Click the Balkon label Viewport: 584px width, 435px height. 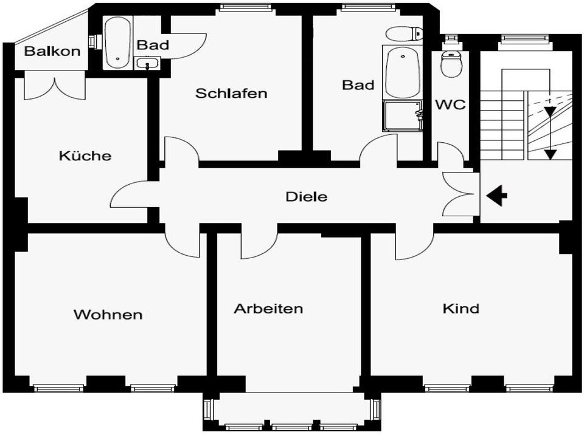coord(52,51)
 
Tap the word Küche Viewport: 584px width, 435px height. coord(85,155)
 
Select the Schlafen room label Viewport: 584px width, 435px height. coord(231,93)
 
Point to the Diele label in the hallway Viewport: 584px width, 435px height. coord(307,196)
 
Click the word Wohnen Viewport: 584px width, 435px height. coord(108,315)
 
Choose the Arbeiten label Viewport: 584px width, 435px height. coord(268,309)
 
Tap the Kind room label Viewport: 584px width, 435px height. coord(461,309)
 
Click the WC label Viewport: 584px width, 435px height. coord(451,104)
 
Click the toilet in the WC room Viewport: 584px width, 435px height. coord(451,63)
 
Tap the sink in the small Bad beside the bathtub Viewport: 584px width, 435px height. coord(147,63)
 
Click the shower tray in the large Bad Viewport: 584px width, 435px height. coord(403,115)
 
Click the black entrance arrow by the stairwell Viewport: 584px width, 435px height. coord(496,196)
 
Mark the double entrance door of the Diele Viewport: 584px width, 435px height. coord(458,194)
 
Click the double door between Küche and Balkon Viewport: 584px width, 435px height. coord(55,87)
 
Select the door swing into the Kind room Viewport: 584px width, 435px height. coord(414,244)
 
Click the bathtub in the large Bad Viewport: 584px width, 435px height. coord(402,73)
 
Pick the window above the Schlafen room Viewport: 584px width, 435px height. coord(245,6)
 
